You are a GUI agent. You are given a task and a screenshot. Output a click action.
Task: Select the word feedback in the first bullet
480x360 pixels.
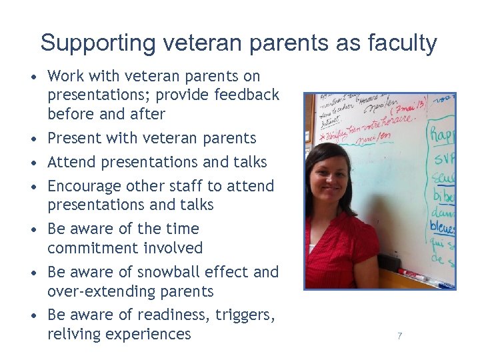pyautogui.click(x=247, y=95)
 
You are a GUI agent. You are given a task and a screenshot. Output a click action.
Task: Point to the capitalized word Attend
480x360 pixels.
pyautogui.click(x=70, y=162)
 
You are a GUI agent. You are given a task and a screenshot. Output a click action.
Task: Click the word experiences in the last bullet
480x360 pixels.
pyautogui.click(x=151, y=333)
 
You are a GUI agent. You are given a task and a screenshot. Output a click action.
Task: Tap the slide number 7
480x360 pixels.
pyautogui.click(x=399, y=336)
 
